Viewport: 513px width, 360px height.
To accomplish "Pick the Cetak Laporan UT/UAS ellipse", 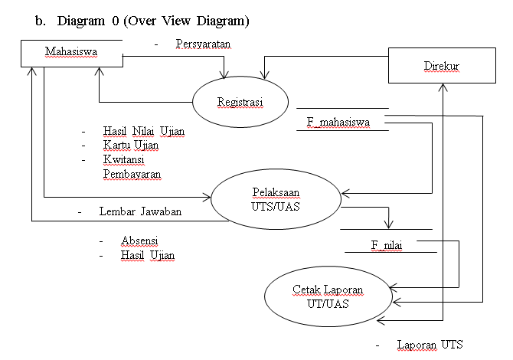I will [327, 296].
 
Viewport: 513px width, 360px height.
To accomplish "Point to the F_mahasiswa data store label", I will [342, 120].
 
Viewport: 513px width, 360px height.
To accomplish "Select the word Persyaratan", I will [203, 44].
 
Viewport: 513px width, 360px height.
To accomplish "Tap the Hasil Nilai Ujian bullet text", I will [144, 131].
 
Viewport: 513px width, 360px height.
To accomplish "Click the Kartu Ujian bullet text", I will [132, 145].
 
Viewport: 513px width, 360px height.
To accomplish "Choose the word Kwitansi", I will [124, 159].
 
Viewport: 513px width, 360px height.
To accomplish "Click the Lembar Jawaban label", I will [140, 211].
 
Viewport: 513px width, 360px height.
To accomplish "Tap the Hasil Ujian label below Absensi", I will [148, 254].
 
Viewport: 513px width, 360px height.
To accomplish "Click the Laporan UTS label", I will [430, 345].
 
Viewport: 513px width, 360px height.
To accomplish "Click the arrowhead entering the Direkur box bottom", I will [443, 87].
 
